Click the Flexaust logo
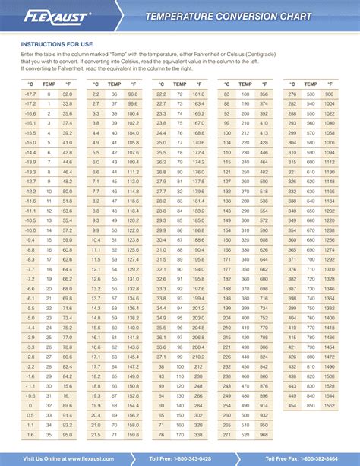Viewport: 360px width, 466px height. [57, 15]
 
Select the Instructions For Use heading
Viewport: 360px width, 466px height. [56, 43]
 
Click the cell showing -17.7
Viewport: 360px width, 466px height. [30, 93]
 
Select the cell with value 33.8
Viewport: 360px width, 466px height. [67, 103]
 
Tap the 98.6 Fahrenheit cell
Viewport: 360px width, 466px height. [133, 103]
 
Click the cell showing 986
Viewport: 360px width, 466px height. [328, 93]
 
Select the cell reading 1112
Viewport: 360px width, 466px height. [328, 161]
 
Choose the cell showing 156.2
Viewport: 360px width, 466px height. [133, 424]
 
